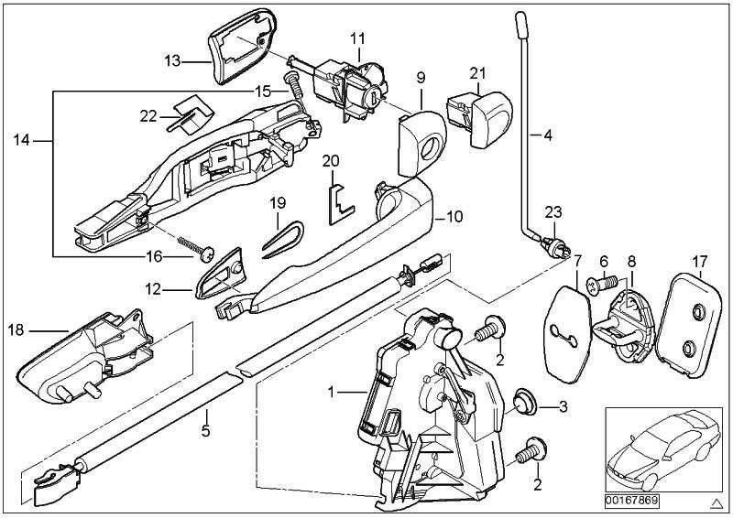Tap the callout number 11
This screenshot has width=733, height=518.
pyautogui.click(x=357, y=38)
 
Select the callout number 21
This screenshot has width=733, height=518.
pyautogui.click(x=477, y=72)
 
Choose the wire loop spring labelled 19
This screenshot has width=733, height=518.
pyautogui.click(x=276, y=238)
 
